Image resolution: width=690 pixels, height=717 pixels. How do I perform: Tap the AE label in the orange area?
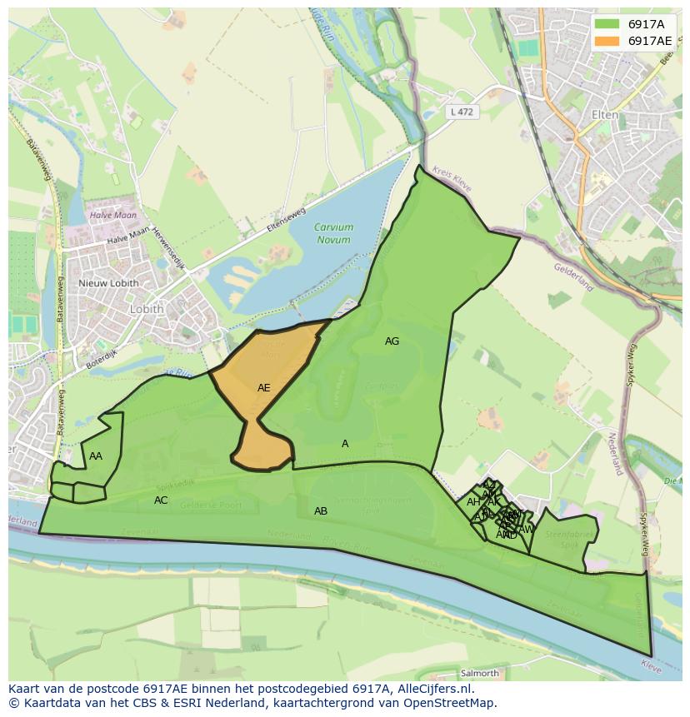coord(263,388)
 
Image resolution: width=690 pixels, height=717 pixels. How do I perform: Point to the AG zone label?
coord(392,341)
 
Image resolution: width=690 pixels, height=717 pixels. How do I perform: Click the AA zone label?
coord(96,456)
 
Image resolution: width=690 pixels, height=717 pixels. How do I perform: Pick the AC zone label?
coord(161,500)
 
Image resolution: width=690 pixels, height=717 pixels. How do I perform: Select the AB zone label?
coord(321,511)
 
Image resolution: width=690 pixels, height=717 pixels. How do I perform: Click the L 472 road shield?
coord(462,111)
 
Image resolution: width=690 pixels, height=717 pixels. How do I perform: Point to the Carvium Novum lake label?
coord(333,233)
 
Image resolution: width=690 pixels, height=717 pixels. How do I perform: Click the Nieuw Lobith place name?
coord(108,283)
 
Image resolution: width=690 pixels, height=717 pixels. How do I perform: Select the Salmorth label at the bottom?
coord(479,673)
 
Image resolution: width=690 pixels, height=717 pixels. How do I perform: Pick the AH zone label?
coord(473,502)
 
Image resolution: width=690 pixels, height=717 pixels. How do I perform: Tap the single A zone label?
coord(345,444)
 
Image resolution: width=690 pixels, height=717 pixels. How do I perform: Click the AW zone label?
coord(526,529)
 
